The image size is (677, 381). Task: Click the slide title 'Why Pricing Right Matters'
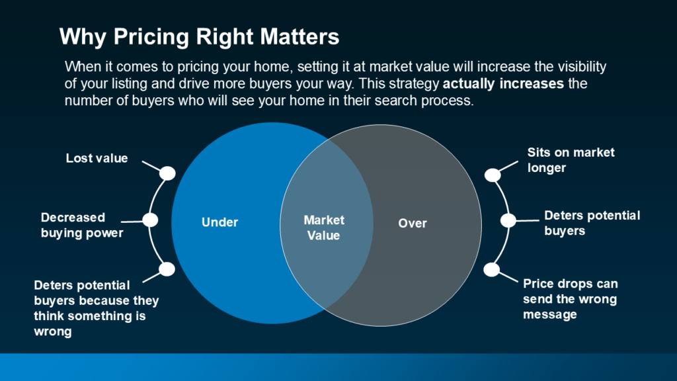tap(199, 37)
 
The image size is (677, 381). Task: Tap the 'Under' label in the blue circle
tap(219, 222)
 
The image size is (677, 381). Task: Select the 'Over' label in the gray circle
tap(413, 224)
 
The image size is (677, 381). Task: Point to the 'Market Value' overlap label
tap(324, 228)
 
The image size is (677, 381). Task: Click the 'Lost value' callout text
tap(97, 158)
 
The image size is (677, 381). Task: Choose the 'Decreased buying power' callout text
tap(82, 225)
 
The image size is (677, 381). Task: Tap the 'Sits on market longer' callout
tap(571, 160)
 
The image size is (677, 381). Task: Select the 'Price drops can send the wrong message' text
tap(571, 299)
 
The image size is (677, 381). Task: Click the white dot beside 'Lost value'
tap(167, 173)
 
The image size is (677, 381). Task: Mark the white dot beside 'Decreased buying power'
tap(150, 220)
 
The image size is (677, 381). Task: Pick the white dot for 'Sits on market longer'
tap(493, 175)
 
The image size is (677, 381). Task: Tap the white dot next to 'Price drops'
tap(491, 270)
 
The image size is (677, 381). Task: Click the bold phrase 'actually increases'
tap(503, 83)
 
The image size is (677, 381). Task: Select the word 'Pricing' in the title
tap(151, 37)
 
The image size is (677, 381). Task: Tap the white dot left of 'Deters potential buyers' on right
tap(508, 220)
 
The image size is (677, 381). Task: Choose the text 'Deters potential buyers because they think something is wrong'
tap(97, 308)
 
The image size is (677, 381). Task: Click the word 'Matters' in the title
tap(299, 37)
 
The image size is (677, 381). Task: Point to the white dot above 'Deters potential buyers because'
tap(167, 269)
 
